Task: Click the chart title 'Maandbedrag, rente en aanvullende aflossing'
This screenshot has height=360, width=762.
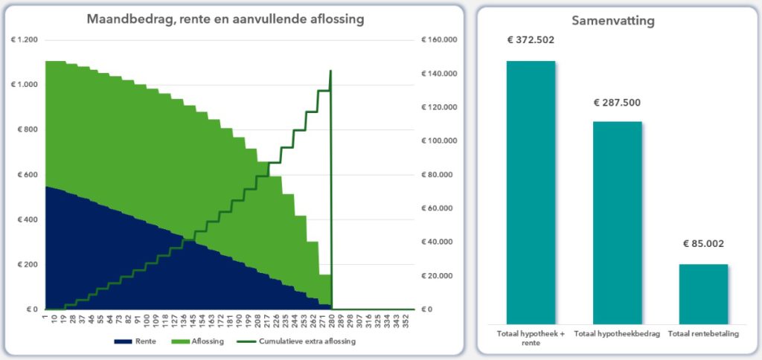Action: (x=225, y=19)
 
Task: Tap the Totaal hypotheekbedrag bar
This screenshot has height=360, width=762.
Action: (x=618, y=222)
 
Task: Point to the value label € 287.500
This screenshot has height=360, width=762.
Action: (x=617, y=103)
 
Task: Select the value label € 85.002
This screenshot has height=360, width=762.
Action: (x=703, y=243)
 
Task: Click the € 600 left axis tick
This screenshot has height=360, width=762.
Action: (x=25, y=175)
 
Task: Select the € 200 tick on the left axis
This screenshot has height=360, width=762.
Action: (x=25, y=265)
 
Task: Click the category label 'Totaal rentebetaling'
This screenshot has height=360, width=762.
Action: (x=703, y=333)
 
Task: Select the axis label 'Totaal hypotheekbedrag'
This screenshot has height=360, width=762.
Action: (x=618, y=333)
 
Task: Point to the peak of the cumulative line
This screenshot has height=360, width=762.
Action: (x=330, y=71)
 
